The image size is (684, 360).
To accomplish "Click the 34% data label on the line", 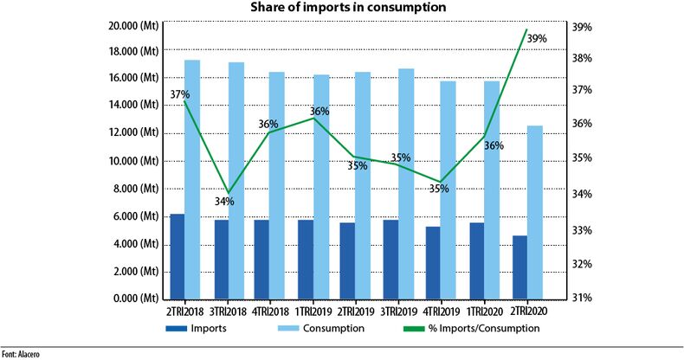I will click(x=224, y=202).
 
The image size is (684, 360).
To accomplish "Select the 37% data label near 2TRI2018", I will click(x=179, y=94).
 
